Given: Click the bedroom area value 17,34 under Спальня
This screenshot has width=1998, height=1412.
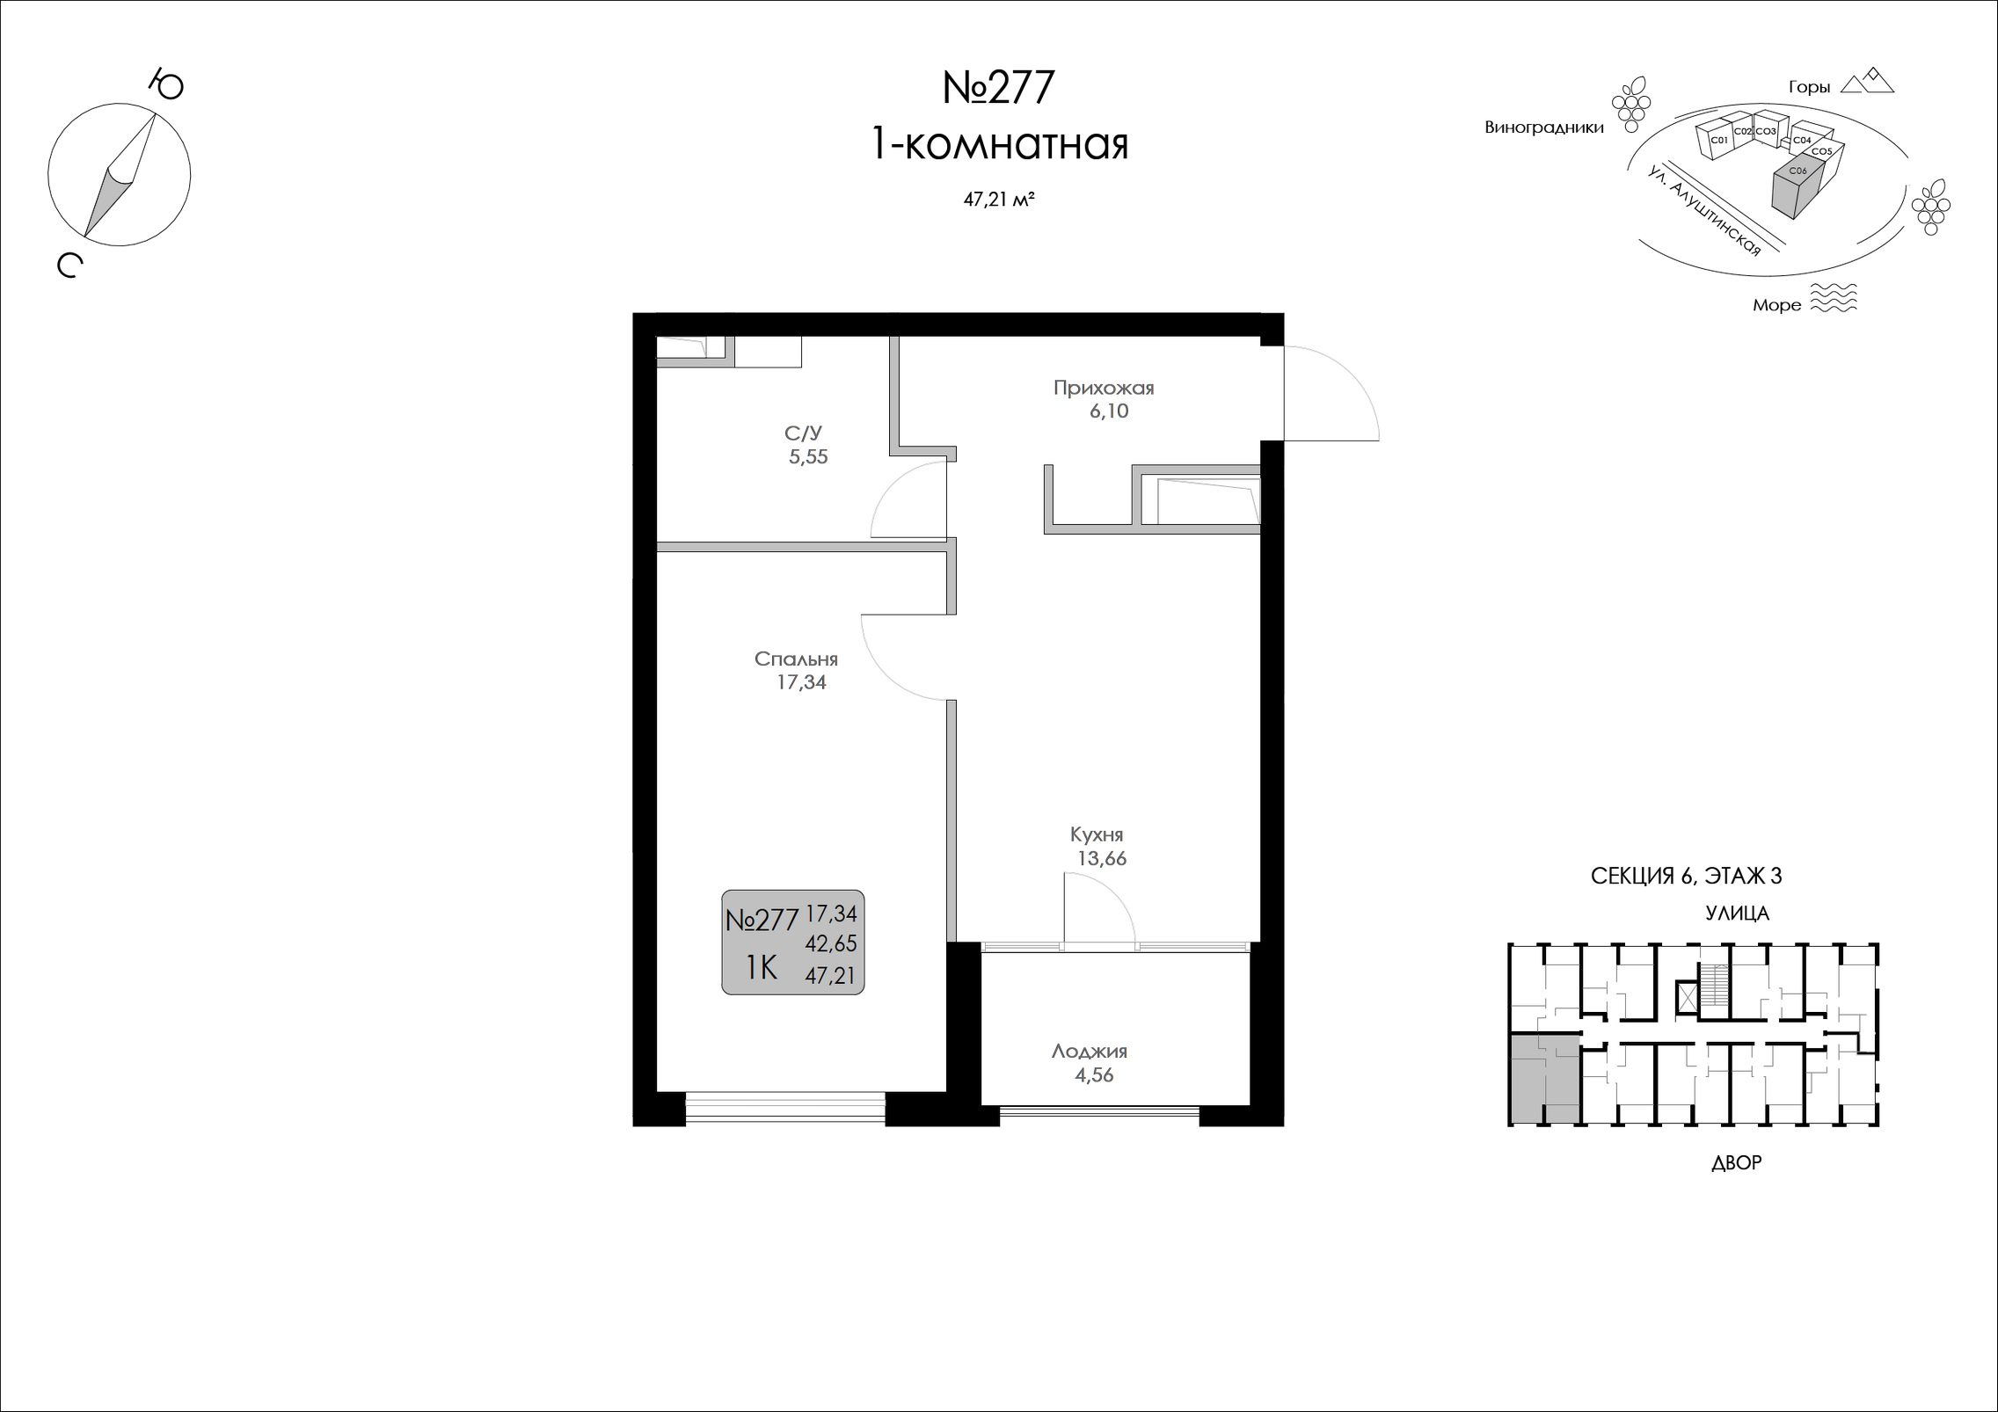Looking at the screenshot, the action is (801, 682).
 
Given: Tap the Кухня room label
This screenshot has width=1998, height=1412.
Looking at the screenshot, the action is (1097, 834).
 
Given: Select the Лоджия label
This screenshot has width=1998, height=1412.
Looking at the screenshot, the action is (1090, 1051).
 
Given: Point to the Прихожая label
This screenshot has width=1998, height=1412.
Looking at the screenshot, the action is (1104, 388).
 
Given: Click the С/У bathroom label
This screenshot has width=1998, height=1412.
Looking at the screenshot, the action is (804, 433).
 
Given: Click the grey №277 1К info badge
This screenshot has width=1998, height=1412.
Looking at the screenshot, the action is (792, 942).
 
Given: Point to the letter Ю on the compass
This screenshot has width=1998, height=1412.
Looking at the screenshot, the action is (165, 84).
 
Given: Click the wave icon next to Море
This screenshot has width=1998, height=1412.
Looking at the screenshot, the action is (1834, 298).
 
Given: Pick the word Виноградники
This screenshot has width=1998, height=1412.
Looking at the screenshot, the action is (1544, 127).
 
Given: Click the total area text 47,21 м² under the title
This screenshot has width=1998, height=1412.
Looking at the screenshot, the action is (998, 200).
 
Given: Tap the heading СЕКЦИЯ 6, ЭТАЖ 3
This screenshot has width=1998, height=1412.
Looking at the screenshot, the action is (1686, 876).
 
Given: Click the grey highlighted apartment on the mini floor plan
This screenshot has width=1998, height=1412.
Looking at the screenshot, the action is (1544, 1079).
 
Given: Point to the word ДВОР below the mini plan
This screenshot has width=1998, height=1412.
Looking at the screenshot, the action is (1736, 1163).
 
